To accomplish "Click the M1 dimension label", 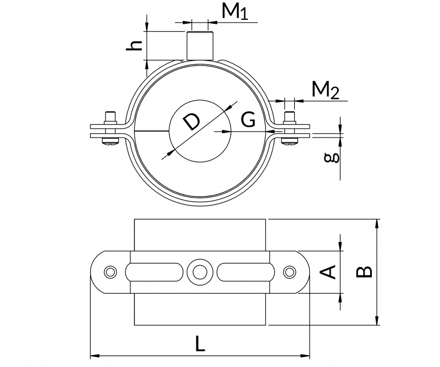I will point(234,12).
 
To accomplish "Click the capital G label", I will point(249,119).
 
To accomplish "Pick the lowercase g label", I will point(331,159).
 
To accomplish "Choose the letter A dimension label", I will point(328,271).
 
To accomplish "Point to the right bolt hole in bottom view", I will point(289,271).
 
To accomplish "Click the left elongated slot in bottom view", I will point(155,271).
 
